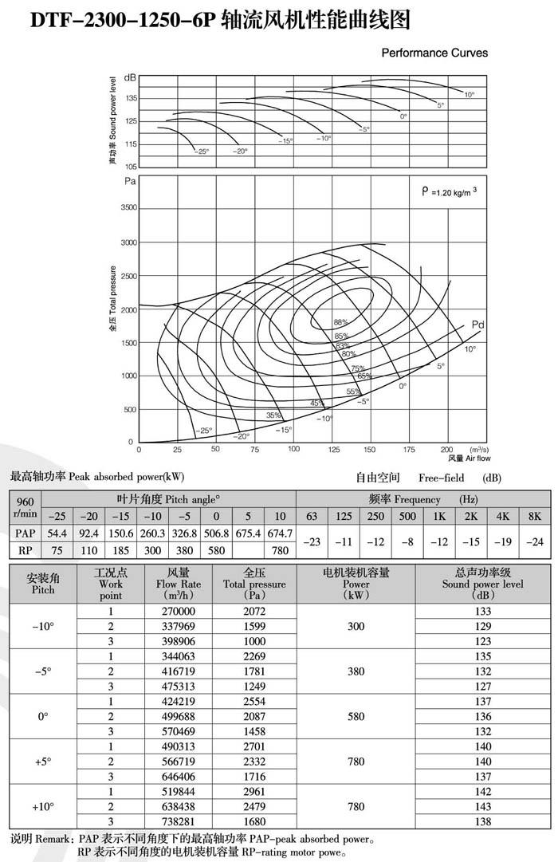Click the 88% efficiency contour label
point(341,322)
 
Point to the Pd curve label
point(478,325)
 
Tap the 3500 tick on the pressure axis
point(128,207)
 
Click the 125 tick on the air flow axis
point(333,450)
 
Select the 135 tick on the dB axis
point(130,98)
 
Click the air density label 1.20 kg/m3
point(449,191)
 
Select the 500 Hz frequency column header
point(407,516)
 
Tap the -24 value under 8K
point(534,542)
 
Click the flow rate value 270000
point(178,611)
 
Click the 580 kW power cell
point(356,717)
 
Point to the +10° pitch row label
point(43,806)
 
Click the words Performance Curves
point(435,53)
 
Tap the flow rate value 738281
point(178,821)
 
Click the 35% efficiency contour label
point(273,415)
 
